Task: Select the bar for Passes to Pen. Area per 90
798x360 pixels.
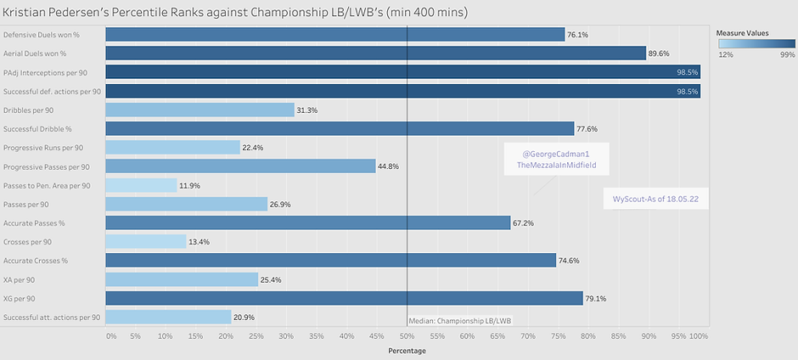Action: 141,185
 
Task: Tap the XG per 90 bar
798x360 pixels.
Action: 344,298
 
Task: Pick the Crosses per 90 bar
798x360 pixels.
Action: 146,241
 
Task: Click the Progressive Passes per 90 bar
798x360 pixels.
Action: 240,166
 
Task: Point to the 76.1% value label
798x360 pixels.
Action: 577,34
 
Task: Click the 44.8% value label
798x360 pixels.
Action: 389,166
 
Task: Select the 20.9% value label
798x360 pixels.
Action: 244,317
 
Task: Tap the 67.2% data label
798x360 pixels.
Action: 522,222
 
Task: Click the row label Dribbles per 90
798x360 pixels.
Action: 30,110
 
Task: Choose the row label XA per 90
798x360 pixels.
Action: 20,279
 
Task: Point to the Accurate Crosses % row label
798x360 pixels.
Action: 37,261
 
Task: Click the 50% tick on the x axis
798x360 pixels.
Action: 407,336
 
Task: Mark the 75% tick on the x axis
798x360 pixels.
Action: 558,336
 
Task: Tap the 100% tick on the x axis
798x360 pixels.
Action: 699,336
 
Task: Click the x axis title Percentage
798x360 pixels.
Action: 407,351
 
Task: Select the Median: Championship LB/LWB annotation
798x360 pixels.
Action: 460,319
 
